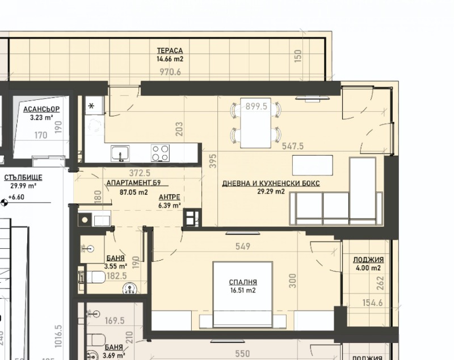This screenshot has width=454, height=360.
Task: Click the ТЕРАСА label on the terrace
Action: (170, 50)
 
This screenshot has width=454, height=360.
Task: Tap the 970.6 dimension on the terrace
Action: (170, 72)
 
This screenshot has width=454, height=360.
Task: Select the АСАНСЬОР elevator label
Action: (41, 110)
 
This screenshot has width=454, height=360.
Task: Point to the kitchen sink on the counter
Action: (120, 153)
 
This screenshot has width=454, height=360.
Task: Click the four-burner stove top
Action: (160, 152)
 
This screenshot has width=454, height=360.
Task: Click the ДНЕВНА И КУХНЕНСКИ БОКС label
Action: (271, 183)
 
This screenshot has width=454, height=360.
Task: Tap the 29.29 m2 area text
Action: (271, 192)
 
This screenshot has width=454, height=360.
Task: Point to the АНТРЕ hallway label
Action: (169, 198)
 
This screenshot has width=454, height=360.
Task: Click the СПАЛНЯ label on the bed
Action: (243, 282)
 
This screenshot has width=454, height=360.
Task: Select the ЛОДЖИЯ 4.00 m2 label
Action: (364, 263)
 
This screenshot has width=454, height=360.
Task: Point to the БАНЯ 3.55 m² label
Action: (115, 262)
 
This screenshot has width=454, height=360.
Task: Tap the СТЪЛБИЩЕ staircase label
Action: (23, 178)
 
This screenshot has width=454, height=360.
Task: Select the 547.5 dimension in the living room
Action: (293, 146)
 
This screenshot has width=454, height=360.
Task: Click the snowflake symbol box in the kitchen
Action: (91, 106)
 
